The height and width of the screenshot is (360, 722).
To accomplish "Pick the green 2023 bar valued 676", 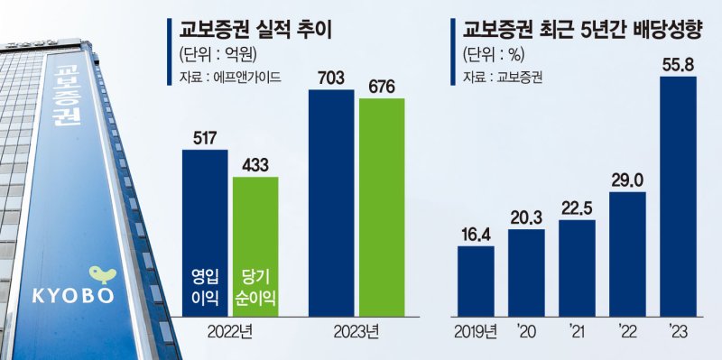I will (382, 207).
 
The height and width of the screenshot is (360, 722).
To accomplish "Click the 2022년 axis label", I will (230, 332).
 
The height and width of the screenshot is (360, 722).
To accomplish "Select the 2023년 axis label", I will (356, 332).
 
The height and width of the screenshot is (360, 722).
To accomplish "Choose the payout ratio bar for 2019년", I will (476, 280).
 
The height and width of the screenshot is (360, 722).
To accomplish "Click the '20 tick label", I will (526, 332).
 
